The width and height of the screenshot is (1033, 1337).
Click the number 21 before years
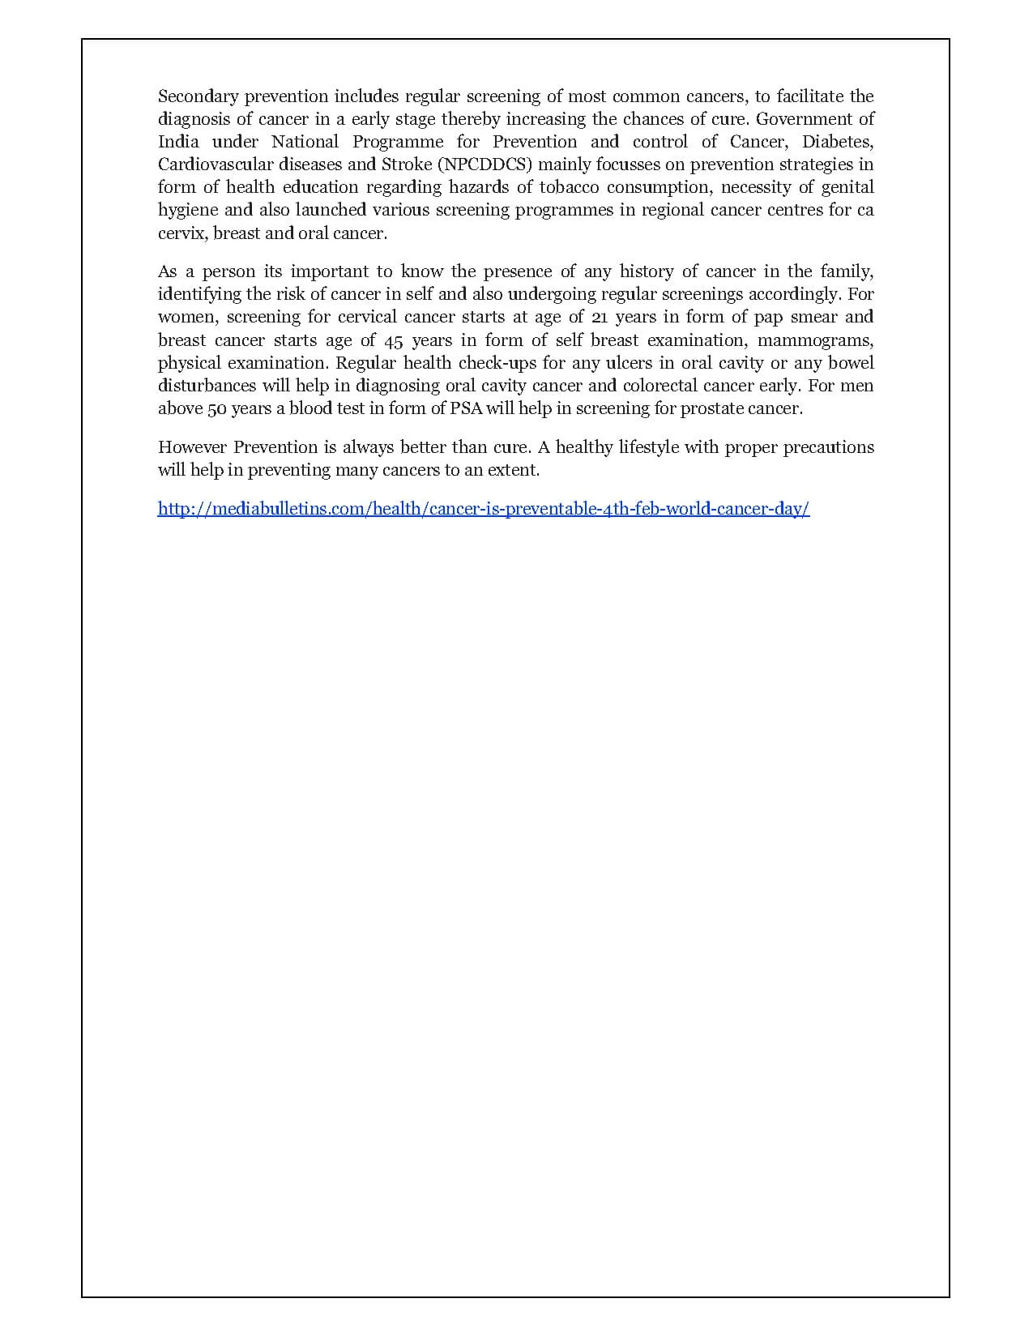[x=600, y=317]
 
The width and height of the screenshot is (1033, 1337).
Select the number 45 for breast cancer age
[x=393, y=340]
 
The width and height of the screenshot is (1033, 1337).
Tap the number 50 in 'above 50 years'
[x=216, y=408]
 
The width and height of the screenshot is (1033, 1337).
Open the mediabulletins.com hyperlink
[x=484, y=509]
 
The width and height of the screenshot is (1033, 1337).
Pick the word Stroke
[x=407, y=164]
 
